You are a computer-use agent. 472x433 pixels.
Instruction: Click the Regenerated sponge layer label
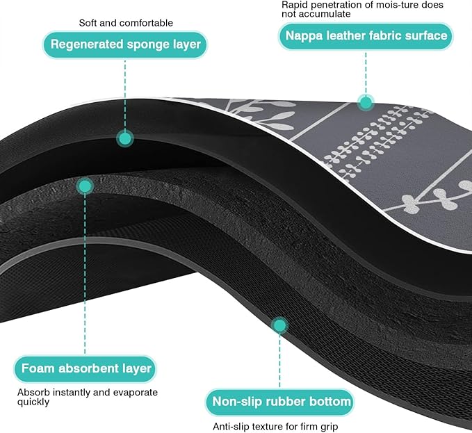point(125,45)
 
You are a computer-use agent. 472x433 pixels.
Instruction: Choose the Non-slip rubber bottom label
point(279,402)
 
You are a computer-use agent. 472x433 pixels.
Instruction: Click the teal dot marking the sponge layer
point(125,138)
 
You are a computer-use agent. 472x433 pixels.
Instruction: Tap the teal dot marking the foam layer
point(85,186)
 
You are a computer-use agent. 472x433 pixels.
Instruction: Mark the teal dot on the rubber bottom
point(279,325)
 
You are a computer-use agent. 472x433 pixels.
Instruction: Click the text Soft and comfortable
point(126,23)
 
